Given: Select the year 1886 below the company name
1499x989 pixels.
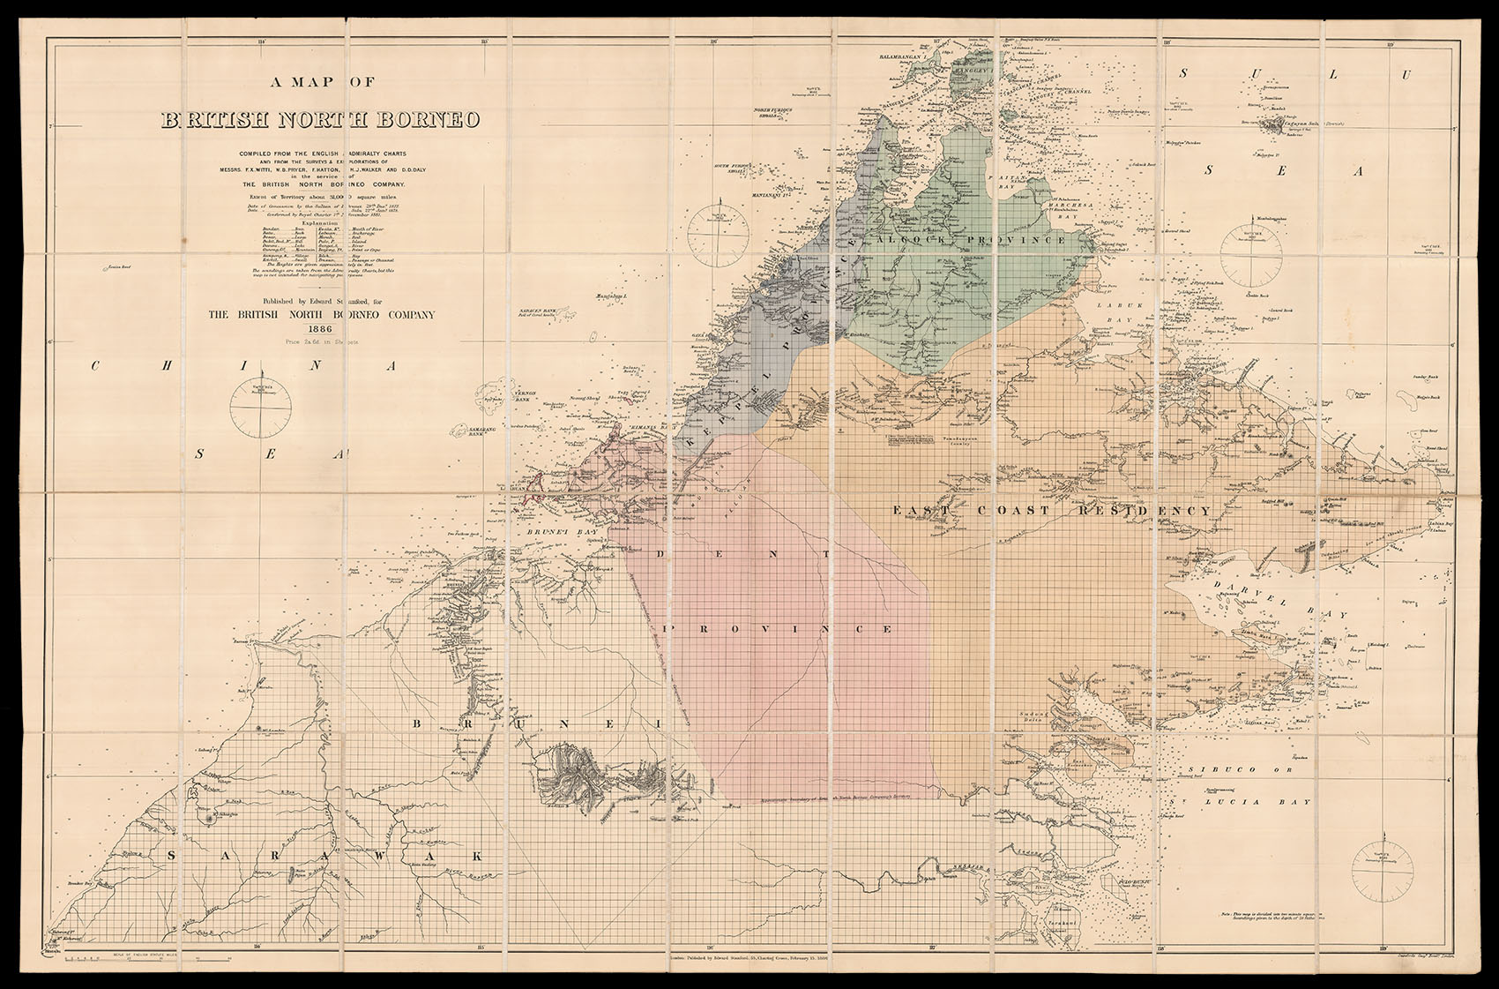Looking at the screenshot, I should click(x=321, y=328).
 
